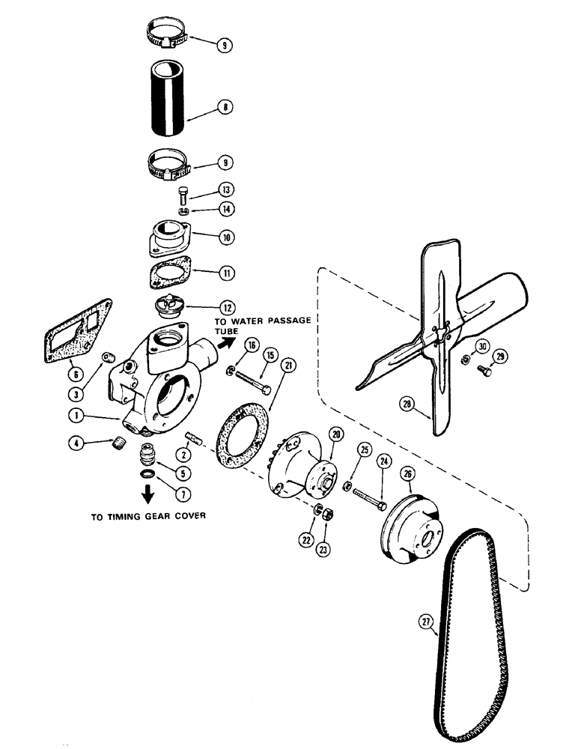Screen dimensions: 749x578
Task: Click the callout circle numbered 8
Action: pyautogui.click(x=223, y=107)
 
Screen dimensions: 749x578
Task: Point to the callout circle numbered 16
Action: pyautogui.click(x=250, y=345)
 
